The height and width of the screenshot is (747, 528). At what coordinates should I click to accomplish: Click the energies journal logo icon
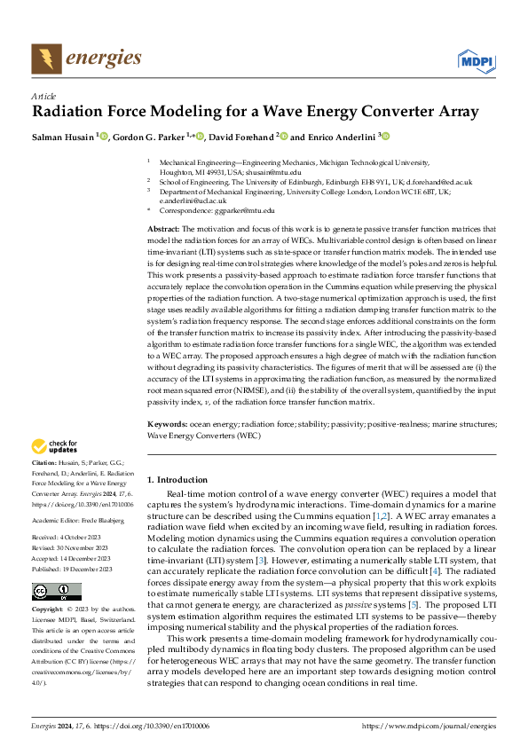click(46, 59)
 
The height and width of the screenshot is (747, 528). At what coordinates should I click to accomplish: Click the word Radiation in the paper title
click(69, 112)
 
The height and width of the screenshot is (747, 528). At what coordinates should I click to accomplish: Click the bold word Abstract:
click(164, 229)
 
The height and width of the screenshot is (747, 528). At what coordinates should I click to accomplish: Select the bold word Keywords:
click(167, 426)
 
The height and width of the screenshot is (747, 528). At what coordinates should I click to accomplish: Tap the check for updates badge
click(56, 446)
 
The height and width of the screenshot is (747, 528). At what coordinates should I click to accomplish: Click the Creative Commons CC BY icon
click(56, 592)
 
